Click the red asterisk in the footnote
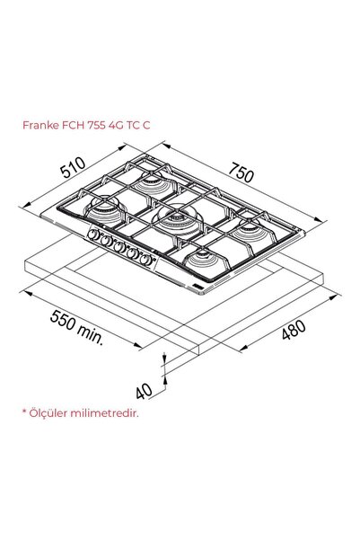tap(24, 412)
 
